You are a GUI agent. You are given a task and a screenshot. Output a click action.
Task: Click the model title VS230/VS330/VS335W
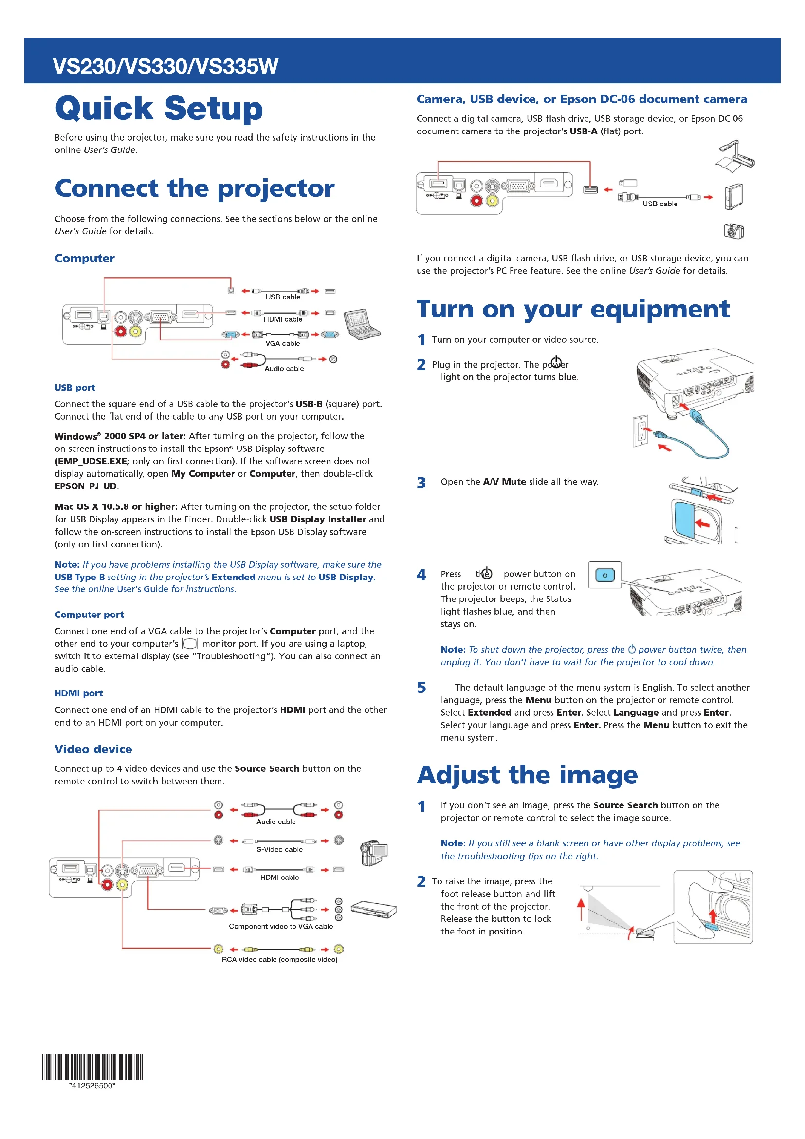click(165, 66)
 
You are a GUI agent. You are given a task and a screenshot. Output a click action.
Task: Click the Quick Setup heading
click(159, 109)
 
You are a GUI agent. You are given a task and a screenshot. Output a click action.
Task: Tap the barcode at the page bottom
click(92, 1066)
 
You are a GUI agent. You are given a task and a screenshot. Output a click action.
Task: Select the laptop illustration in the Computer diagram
click(363, 324)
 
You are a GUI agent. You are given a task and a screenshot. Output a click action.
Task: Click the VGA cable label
click(283, 343)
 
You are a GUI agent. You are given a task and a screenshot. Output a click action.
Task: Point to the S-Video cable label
click(279, 849)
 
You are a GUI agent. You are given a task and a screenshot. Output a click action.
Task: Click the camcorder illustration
click(373, 853)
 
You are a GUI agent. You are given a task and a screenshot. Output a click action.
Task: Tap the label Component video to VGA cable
click(280, 926)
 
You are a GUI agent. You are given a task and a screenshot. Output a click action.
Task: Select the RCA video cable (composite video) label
click(279, 959)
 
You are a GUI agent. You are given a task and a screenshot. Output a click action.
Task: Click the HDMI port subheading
click(78, 693)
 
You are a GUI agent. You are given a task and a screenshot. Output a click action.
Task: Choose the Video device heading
click(93, 749)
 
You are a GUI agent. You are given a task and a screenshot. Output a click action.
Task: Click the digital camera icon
click(733, 231)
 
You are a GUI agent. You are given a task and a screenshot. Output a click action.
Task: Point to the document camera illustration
click(735, 156)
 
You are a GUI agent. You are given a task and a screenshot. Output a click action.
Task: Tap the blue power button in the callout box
click(605, 576)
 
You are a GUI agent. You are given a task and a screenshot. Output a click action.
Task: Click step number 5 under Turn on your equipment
click(421, 688)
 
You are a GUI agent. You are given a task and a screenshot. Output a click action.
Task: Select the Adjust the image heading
click(528, 775)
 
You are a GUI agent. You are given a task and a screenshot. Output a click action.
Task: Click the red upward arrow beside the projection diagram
click(581, 909)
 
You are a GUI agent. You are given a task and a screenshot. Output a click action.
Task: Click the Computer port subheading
click(89, 615)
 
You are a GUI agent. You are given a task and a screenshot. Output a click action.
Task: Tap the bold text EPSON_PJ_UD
click(86, 486)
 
